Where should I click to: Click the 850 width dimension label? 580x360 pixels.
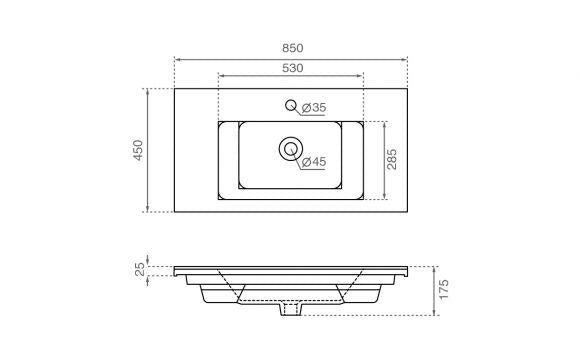(x=293, y=48)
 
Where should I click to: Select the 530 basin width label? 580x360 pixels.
(x=293, y=68)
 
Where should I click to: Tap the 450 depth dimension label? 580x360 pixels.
(x=138, y=150)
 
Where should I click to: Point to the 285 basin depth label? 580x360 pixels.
(x=392, y=159)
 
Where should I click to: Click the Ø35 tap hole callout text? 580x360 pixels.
(x=314, y=108)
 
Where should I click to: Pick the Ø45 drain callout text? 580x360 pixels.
(x=314, y=162)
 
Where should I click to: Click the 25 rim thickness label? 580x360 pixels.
(x=140, y=269)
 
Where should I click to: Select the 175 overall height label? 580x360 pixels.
(x=444, y=289)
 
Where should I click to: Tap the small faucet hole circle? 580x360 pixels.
(x=291, y=105)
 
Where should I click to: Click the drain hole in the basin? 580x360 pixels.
(x=291, y=149)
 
